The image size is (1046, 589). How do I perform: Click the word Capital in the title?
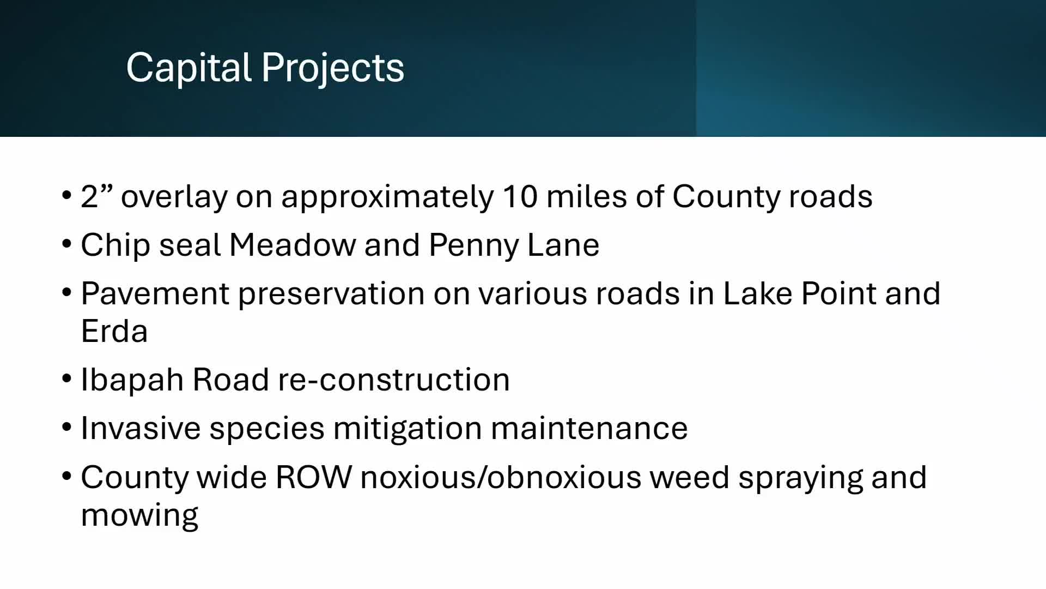[188, 68]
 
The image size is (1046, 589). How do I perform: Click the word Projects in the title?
[332, 68]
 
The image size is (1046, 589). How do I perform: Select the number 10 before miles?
[520, 196]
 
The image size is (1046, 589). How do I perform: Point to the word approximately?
[387, 197]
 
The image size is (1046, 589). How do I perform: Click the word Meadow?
[292, 245]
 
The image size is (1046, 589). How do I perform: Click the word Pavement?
[155, 293]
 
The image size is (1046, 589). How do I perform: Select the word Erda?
[114, 331]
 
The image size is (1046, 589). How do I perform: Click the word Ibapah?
[132, 380]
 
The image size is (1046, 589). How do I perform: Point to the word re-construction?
[393, 380]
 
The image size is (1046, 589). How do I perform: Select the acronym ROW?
[314, 477]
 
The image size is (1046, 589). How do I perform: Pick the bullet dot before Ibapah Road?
[67, 378]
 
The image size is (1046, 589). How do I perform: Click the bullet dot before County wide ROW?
[67, 476]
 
